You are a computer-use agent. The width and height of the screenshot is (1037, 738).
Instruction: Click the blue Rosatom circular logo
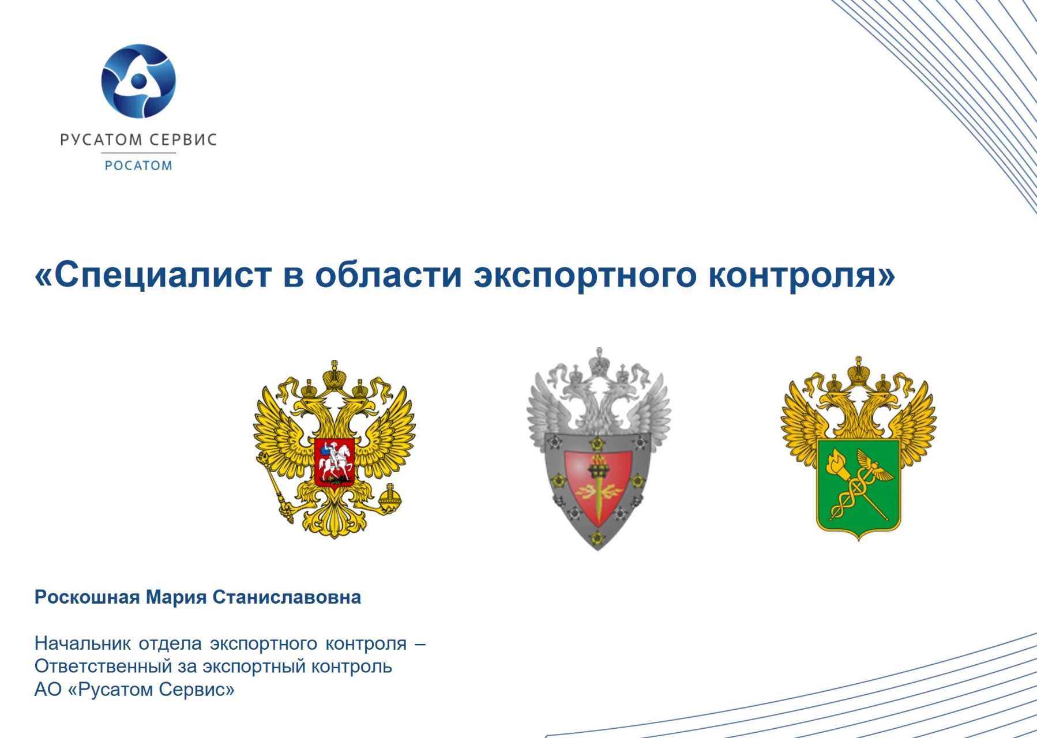(138, 81)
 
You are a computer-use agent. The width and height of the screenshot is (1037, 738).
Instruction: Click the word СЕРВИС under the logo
(183, 140)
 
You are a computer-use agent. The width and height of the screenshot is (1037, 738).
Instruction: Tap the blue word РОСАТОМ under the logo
(138, 166)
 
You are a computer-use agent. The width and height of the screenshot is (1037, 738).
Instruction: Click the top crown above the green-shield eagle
(859, 370)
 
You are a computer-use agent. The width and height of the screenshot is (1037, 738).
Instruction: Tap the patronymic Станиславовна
(287, 597)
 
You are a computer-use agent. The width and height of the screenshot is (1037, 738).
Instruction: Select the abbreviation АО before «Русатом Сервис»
(48, 690)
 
